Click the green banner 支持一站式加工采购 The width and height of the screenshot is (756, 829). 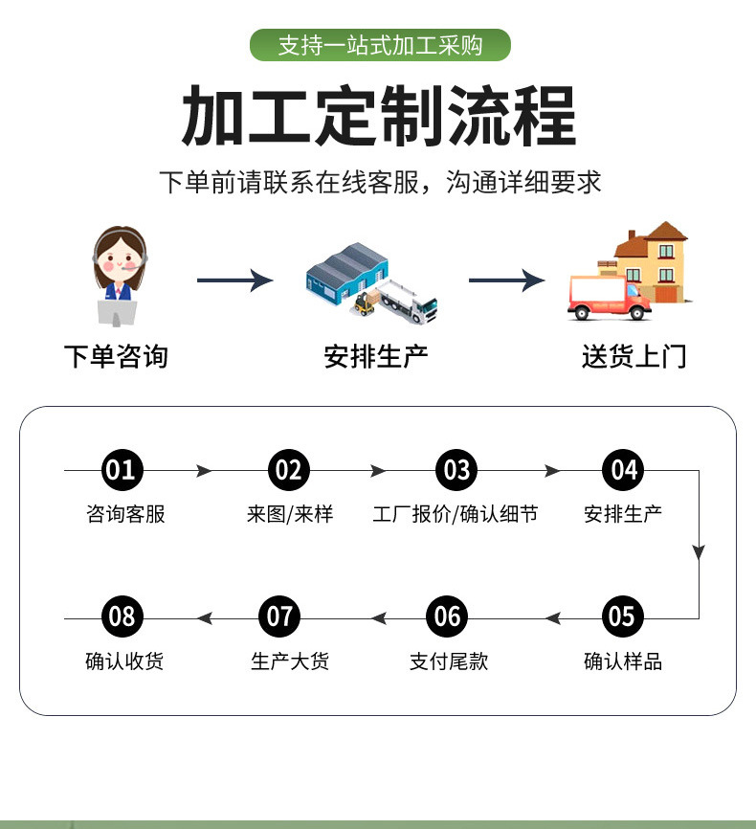[380, 45]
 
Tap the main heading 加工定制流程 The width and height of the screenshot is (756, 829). [379, 116]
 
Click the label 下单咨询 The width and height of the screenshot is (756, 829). [116, 357]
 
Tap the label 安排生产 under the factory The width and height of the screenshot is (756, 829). [376, 357]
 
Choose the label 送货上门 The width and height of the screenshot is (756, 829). [634, 357]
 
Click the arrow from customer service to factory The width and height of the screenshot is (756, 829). [234, 280]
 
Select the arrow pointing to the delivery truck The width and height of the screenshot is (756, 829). [506, 280]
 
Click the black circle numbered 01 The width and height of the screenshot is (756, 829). [122, 470]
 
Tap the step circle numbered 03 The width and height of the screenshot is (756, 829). [456, 470]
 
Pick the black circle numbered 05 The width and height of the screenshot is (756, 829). [622, 616]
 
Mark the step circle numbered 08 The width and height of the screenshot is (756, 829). [122, 616]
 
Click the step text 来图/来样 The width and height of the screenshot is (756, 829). [289, 514]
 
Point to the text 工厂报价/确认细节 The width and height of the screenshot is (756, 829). [456, 514]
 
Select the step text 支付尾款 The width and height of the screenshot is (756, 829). [449, 661]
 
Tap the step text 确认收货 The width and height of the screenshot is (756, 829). [124, 661]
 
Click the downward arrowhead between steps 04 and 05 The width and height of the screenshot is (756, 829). [699, 552]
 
